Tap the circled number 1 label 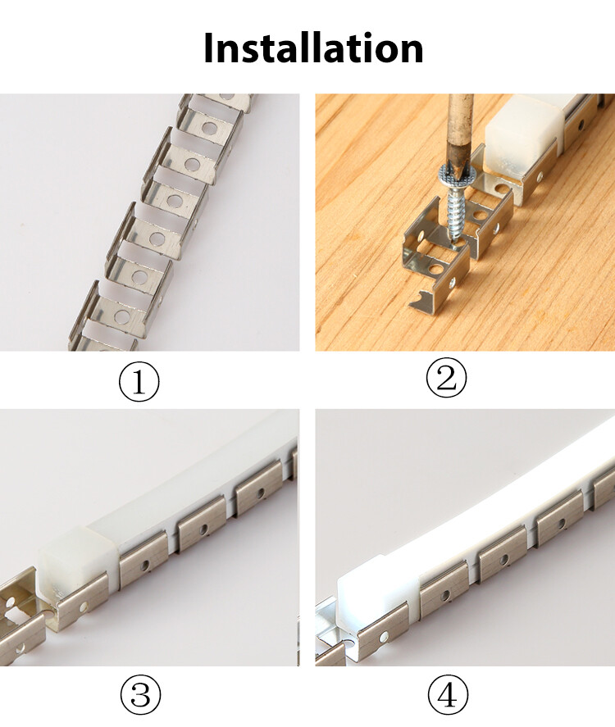139,382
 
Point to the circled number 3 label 141,696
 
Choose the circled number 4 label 448,696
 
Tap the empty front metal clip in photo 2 435,266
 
